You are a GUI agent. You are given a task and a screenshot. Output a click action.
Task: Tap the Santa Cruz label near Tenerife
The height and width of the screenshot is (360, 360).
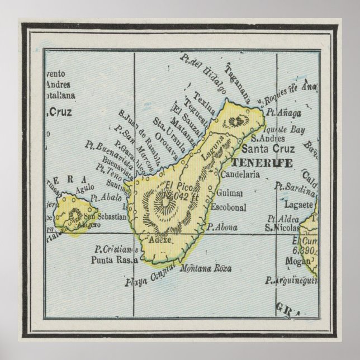pyautogui.click(x=266, y=149)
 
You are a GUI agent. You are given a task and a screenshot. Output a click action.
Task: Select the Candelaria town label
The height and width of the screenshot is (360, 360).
pyautogui.click(x=240, y=174)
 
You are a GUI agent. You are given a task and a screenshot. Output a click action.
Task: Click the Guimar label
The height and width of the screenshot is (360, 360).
pyautogui.click(x=230, y=193)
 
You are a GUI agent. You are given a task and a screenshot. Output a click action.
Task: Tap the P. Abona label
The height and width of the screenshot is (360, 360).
pyautogui.click(x=222, y=227)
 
